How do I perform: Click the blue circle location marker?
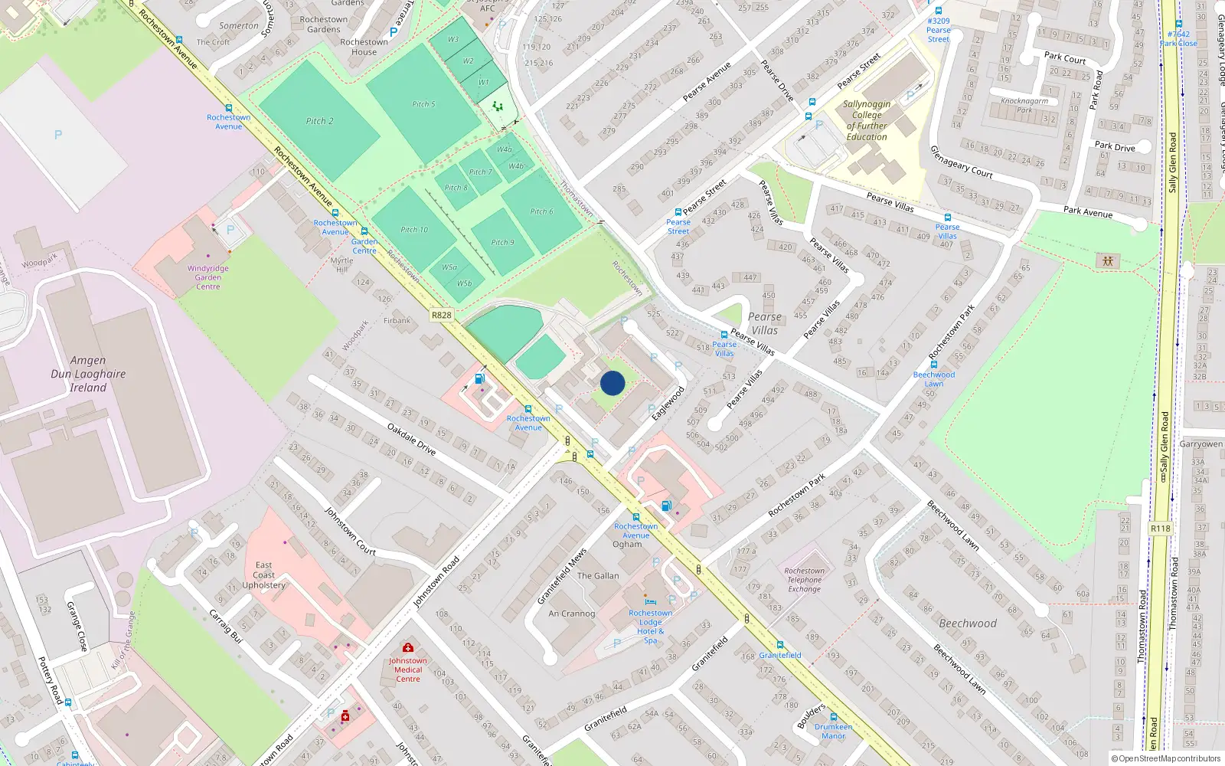point(612,383)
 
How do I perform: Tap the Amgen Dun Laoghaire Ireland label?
point(88,374)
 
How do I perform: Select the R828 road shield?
point(442,315)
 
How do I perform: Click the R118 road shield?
point(1160,529)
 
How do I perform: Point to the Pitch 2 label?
point(319,121)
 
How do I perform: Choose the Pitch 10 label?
point(414,230)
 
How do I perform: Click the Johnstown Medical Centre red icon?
point(408,648)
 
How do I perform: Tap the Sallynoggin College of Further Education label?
point(867,120)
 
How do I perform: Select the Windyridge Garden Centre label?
point(207,277)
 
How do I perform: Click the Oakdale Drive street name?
point(411,440)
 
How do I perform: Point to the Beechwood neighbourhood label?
point(968,624)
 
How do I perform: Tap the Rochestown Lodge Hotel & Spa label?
point(651,626)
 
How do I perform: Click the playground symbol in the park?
point(1108,261)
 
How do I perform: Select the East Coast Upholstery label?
point(263,575)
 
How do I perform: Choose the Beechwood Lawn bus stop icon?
point(933,365)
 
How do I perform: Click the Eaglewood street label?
point(668,403)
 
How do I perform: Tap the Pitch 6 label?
point(541,212)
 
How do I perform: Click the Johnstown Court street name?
point(350,531)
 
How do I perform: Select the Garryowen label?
point(1200,444)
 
